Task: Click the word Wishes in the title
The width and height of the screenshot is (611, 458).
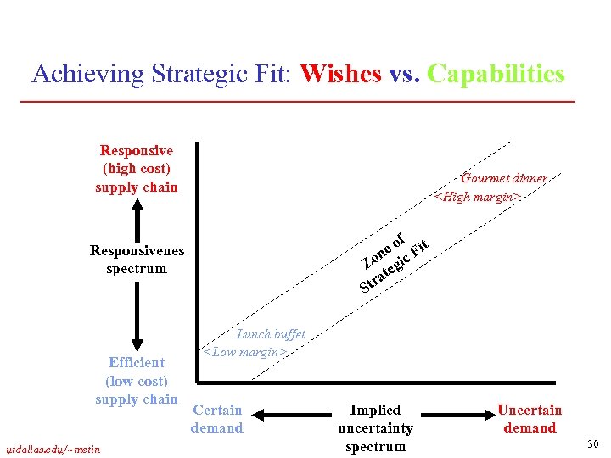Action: point(340,75)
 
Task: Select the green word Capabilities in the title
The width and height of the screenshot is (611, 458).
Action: point(496,75)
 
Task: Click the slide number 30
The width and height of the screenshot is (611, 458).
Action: point(592,444)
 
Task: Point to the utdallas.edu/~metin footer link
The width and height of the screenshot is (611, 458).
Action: point(53,448)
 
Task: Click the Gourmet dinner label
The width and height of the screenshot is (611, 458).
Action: point(503,178)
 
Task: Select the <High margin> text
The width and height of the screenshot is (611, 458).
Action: point(476,197)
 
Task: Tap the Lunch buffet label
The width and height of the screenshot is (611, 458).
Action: point(271,334)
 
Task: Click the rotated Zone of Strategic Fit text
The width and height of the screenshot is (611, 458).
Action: point(395,260)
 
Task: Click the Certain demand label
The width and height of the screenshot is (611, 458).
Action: point(217,419)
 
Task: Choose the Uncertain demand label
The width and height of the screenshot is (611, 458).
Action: point(530,419)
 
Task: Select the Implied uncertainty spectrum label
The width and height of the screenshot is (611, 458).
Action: point(375,427)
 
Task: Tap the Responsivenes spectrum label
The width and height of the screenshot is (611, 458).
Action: point(137,260)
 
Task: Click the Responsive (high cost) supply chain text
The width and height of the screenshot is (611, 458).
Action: point(137,169)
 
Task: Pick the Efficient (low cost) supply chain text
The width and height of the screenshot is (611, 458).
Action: point(137,381)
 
